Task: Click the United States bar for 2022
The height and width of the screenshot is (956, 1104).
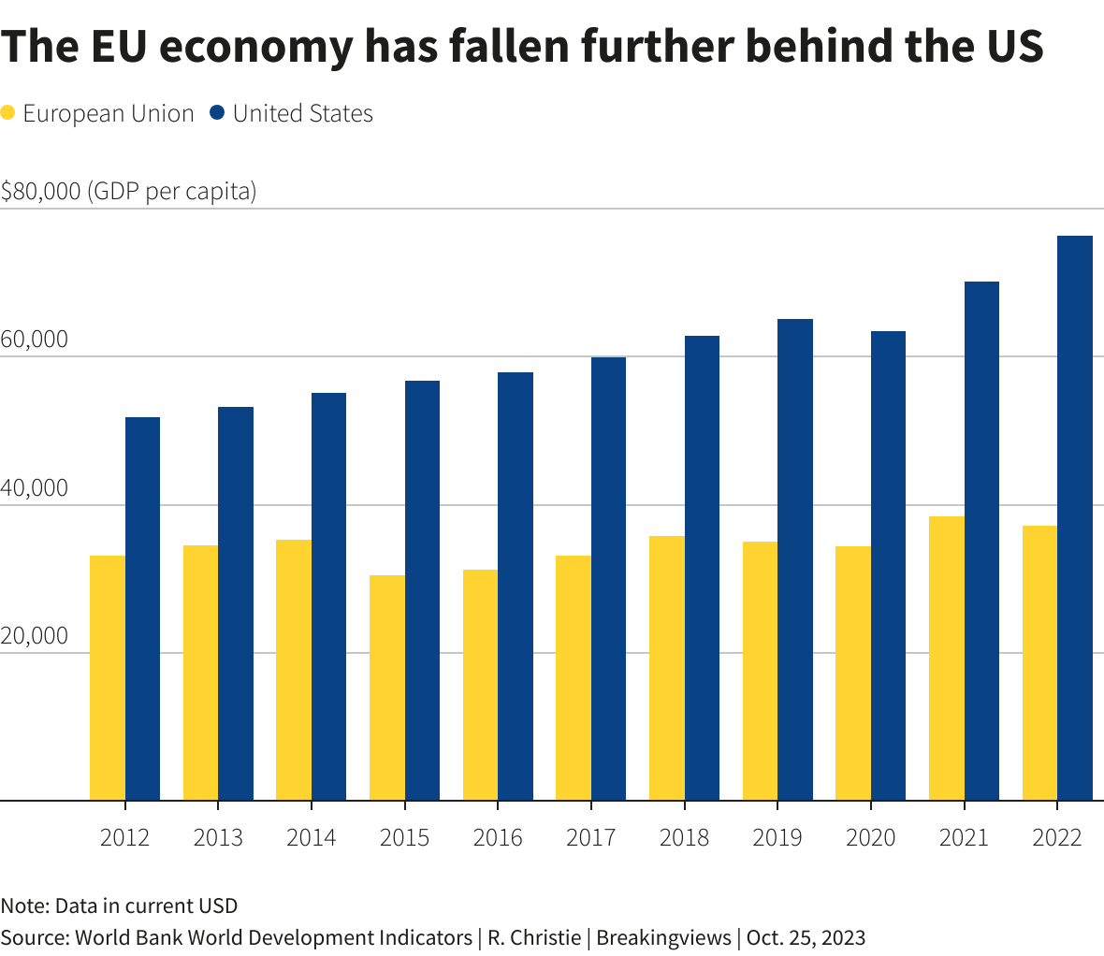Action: [x=1075, y=518]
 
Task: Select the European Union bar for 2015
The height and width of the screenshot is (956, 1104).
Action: [x=387, y=688]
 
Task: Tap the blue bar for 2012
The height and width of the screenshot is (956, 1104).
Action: [x=142, y=609]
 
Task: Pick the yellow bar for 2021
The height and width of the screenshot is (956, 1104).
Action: [x=947, y=659]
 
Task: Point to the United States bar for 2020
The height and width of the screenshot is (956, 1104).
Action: [x=888, y=566]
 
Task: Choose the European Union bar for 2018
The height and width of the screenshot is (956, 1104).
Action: [x=667, y=668]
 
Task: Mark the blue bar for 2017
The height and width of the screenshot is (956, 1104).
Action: [x=608, y=579]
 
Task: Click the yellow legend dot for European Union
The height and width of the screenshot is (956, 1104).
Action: [x=8, y=113]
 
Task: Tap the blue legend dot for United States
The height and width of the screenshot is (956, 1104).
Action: [x=218, y=113]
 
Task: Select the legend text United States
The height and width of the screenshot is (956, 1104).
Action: [x=303, y=113]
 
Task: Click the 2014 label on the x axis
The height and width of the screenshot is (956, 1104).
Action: [x=312, y=836]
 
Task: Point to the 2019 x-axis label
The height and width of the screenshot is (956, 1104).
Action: [x=777, y=836]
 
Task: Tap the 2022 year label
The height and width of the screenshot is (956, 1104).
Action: [x=1057, y=836]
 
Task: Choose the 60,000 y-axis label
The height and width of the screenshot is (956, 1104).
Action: [x=35, y=340]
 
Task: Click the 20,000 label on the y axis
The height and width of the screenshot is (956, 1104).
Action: [x=35, y=636]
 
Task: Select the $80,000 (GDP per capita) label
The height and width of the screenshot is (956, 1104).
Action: [x=128, y=192]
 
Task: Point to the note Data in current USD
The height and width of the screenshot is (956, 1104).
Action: [x=119, y=905]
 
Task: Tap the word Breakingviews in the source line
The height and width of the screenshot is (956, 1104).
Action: [x=663, y=937]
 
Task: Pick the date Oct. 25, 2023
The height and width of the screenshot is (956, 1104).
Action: [x=806, y=937]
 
